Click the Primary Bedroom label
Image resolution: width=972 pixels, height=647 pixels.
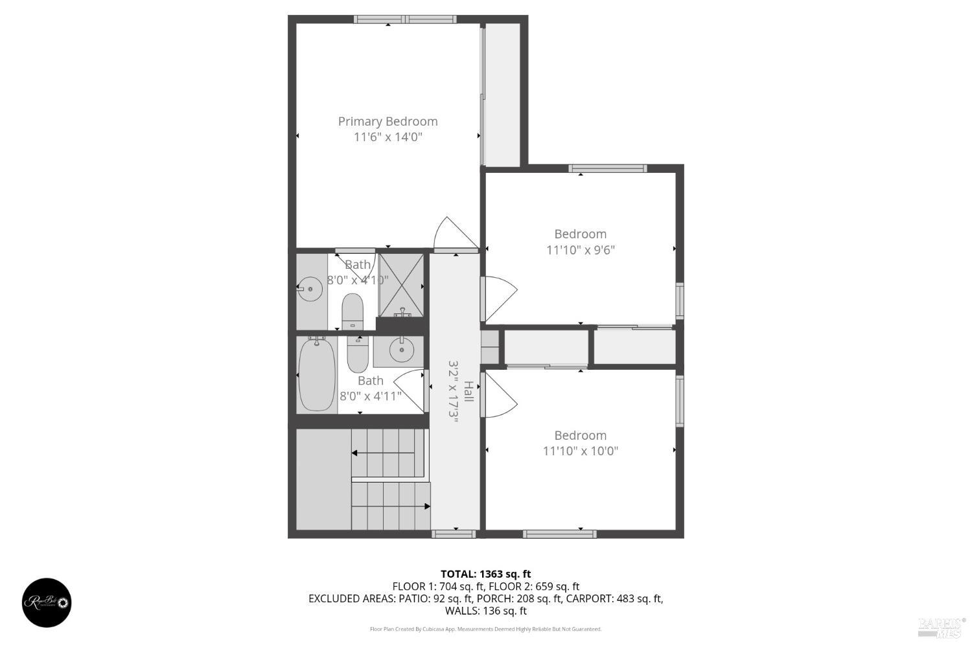pos(388,121)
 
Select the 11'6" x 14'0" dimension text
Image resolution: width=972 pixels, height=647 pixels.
pos(388,137)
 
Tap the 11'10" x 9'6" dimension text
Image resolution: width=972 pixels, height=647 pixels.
pos(580,250)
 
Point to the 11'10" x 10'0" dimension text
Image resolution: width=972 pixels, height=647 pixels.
pos(580,451)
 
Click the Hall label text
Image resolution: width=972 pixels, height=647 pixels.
pos(469,391)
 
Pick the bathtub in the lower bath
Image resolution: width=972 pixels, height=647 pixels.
pos(317,374)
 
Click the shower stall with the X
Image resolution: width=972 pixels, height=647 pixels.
pos(401,284)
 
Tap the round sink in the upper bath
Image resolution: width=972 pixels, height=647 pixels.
pos(310,288)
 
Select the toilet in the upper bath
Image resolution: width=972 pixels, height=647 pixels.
pos(353,311)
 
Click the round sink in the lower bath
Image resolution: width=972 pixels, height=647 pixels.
pos(402,351)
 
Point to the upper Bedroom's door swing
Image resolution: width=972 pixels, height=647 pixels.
pos(499,297)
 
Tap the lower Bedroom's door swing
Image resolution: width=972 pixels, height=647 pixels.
pos(499,394)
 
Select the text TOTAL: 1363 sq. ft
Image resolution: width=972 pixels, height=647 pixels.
pos(485,574)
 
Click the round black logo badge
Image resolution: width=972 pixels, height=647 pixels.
pos(47,602)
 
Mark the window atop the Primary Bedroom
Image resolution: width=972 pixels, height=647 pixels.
pos(405,19)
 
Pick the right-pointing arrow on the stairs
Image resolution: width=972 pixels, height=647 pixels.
pos(426,506)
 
